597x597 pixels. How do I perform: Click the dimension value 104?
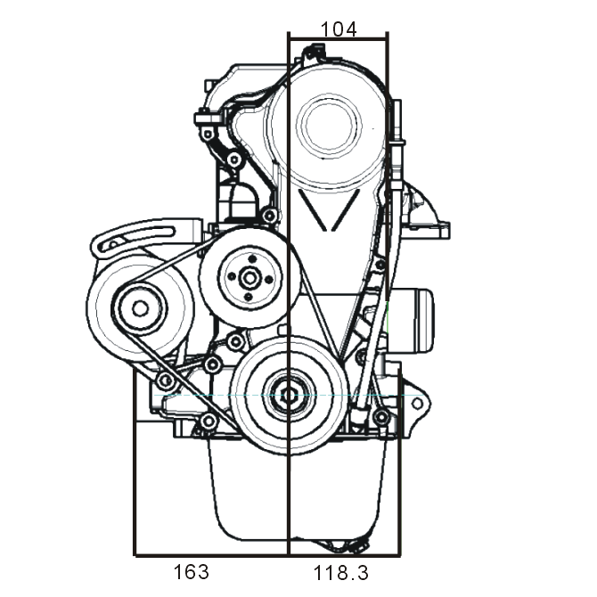tap(339, 29)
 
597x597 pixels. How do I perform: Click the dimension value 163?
tap(192, 572)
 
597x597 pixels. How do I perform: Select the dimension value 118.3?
tap(340, 573)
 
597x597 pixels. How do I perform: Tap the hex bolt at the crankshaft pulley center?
tap(290, 396)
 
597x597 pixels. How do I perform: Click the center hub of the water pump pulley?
tap(249, 278)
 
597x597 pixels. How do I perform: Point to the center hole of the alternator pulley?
tap(140, 309)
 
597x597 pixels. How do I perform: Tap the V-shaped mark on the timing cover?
tap(329, 210)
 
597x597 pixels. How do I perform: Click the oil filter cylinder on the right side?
tap(412, 321)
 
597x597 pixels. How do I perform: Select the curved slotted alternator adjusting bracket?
tap(134, 239)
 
